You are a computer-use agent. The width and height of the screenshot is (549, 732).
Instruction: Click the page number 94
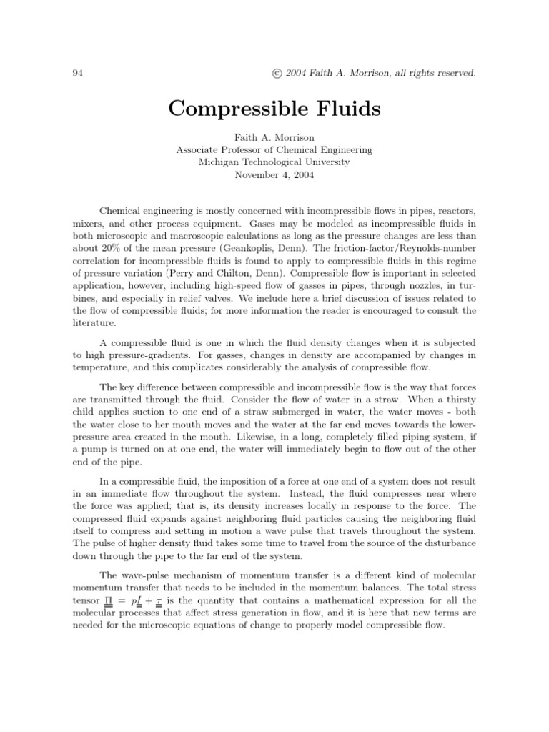79,73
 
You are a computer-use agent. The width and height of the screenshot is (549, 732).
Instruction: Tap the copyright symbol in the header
269,73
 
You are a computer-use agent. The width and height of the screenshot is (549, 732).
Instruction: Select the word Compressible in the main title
229,109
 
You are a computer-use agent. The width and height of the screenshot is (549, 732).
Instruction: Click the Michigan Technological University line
274,162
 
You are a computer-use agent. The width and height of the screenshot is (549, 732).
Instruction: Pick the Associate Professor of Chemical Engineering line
274,149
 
